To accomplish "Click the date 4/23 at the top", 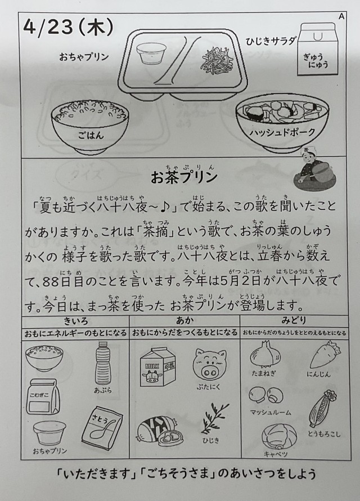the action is point(48,28).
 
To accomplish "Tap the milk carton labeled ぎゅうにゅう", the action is point(317,49).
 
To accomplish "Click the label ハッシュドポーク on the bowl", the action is point(282,132).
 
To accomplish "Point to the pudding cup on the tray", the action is point(151,53).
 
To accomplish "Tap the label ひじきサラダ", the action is point(271,41).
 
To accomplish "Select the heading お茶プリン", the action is point(184,177).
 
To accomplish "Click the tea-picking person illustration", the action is point(314,171).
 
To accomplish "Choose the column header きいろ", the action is point(75,320).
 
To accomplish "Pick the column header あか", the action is point(184,320).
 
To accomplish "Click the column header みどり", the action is point(294,320).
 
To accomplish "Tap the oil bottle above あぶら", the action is point(103,363).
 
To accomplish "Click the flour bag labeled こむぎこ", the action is point(43,397).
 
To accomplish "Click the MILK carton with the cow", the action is point(157,367).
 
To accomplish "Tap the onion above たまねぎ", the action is point(265,354).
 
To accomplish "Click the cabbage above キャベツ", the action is point(279,436).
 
